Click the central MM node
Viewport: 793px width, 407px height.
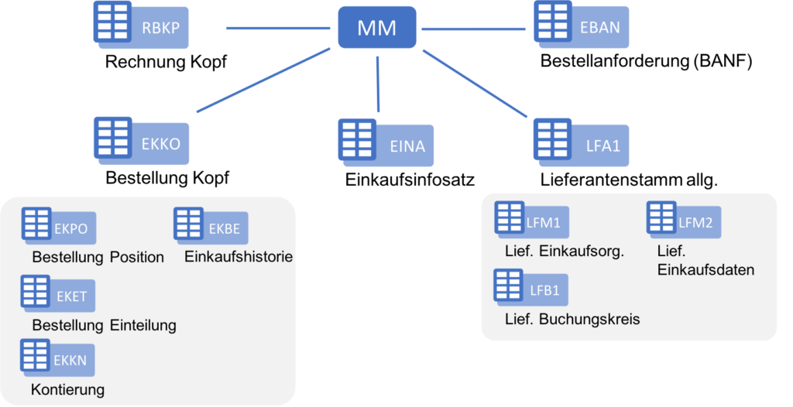point(377,29)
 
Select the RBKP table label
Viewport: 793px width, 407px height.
point(160,30)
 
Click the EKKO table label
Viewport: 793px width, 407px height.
point(160,144)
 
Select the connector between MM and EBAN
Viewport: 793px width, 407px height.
point(473,29)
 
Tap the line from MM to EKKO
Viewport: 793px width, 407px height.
point(263,80)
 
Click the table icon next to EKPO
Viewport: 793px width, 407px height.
point(36,224)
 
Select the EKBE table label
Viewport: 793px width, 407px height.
point(225,229)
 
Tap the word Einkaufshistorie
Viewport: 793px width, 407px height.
point(239,256)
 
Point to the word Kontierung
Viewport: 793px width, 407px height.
point(67,389)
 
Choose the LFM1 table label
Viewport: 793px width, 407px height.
point(543,224)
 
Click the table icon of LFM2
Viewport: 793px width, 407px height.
point(661,217)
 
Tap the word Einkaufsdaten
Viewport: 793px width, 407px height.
point(705,269)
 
